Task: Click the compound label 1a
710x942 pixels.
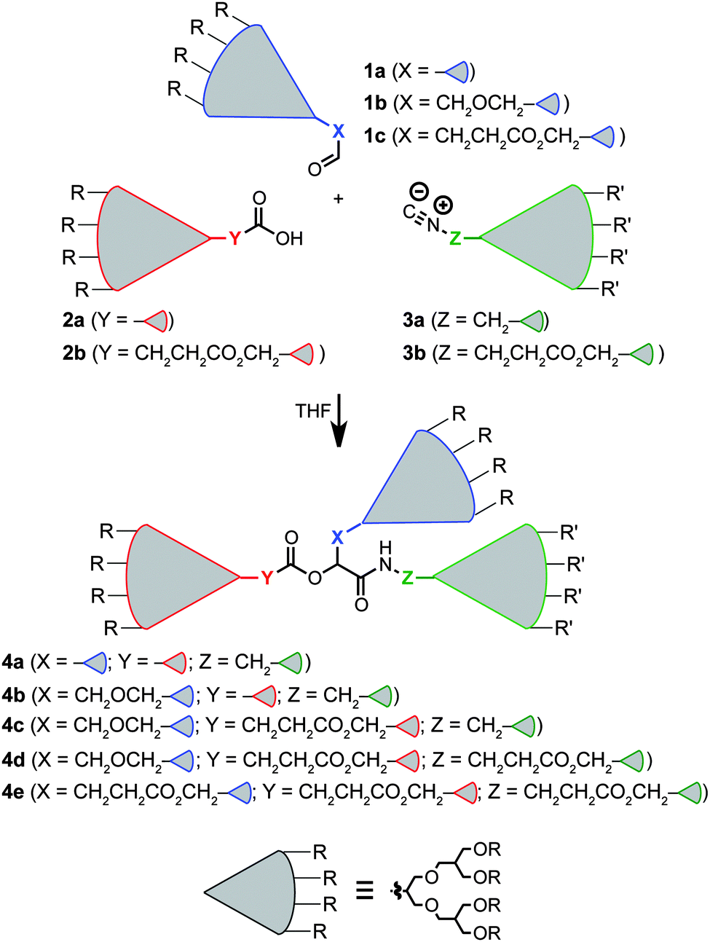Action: pyautogui.click(x=374, y=71)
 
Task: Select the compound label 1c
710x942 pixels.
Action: pyautogui.click(x=374, y=136)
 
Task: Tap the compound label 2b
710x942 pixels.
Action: pyautogui.click(x=74, y=353)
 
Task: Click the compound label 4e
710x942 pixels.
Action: pyautogui.click(x=13, y=792)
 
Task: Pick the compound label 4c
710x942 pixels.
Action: pyautogui.click(x=13, y=726)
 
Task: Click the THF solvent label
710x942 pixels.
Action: pyautogui.click(x=313, y=412)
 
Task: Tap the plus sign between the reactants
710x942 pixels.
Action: pyautogui.click(x=338, y=198)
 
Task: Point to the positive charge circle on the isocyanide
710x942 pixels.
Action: pyautogui.click(x=443, y=205)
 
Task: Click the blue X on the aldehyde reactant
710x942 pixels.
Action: pyautogui.click(x=338, y=131)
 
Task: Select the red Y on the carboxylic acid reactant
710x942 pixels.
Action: pyautogui.click(x=234, y=238)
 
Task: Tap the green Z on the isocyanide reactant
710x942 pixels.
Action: pyautogui.click(x=455, y=238)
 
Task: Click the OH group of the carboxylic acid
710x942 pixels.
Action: pyautogui.click(x=289, y=239)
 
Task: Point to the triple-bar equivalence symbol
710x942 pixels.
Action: pyautogui.click(x=364, y=890)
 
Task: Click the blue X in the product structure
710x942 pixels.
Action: pyautogui.click(x=337, y=538)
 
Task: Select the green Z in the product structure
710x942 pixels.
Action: pyautogui.click(x=408, y=578)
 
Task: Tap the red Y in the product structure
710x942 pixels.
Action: pyautogui.click(x=267, y=578)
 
